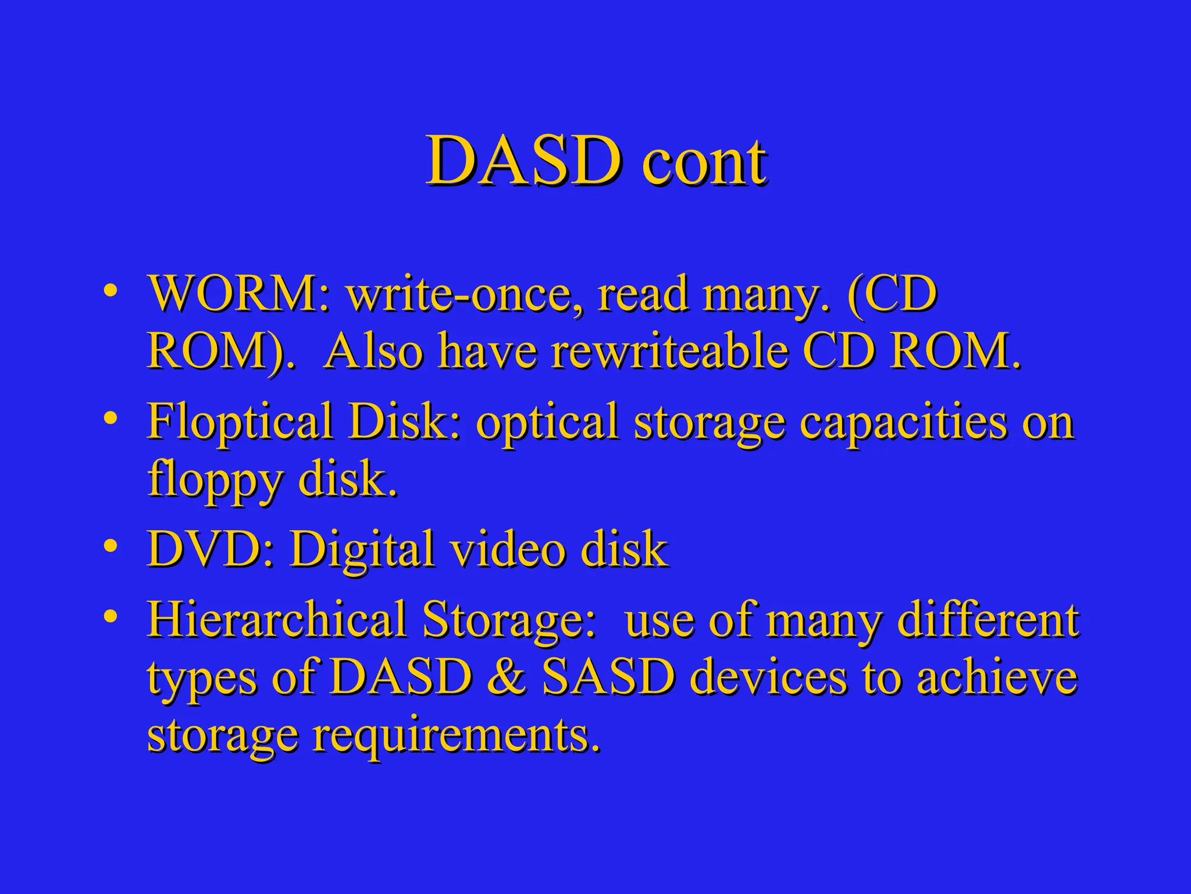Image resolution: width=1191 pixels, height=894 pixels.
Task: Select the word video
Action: pyautogui.click(x=508, y=549)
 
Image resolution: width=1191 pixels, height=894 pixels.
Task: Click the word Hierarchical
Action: pyautogui.click(x=277, y=619)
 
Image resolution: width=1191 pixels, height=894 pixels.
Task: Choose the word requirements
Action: pyautogui.click(x=456, y=736)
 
